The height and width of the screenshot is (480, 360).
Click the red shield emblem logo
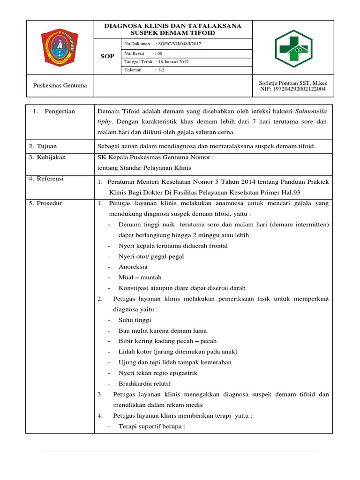pos(60,47)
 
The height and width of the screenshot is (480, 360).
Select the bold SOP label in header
pos(107,56)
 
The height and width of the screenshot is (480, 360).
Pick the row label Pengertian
pos(60,111)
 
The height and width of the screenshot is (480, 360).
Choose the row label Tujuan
pos(47,146)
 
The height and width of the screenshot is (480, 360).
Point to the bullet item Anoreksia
pos(133,266)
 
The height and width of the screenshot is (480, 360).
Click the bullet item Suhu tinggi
pos(135,320)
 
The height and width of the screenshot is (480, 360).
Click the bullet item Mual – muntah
pos(140,277)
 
